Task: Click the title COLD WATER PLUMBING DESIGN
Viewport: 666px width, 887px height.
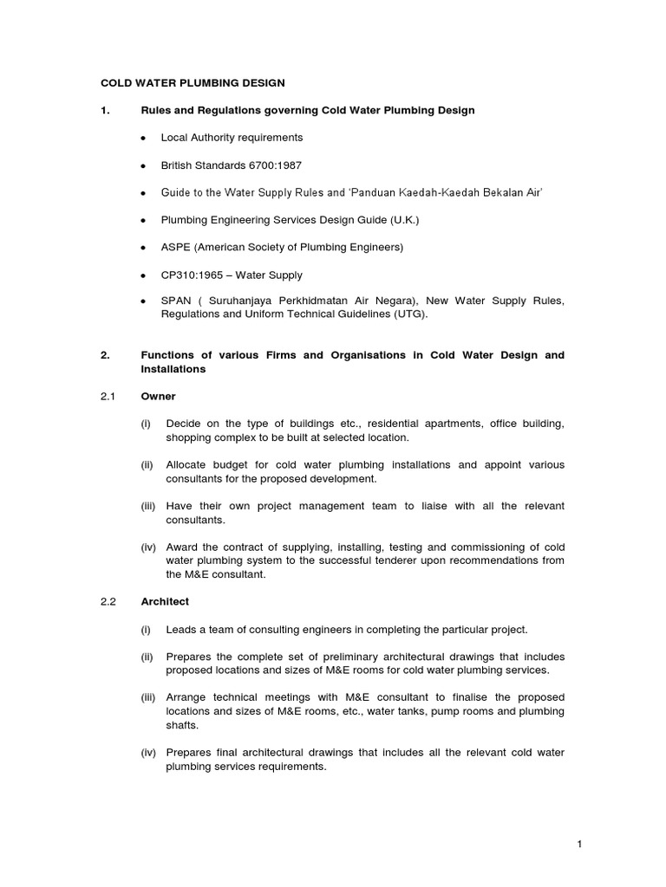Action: (193, 83)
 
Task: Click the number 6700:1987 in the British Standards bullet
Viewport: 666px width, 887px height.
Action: (272, 165)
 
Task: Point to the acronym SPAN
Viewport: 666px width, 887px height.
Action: (176, 301)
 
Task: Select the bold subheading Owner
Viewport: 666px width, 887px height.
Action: (158, 397)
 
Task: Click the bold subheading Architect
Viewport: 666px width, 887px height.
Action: (165, 601)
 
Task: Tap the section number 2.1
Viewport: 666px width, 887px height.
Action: (108, 397)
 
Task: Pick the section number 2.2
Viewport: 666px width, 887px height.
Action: (108, 601)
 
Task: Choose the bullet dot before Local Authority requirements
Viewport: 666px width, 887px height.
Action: (143, 138)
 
